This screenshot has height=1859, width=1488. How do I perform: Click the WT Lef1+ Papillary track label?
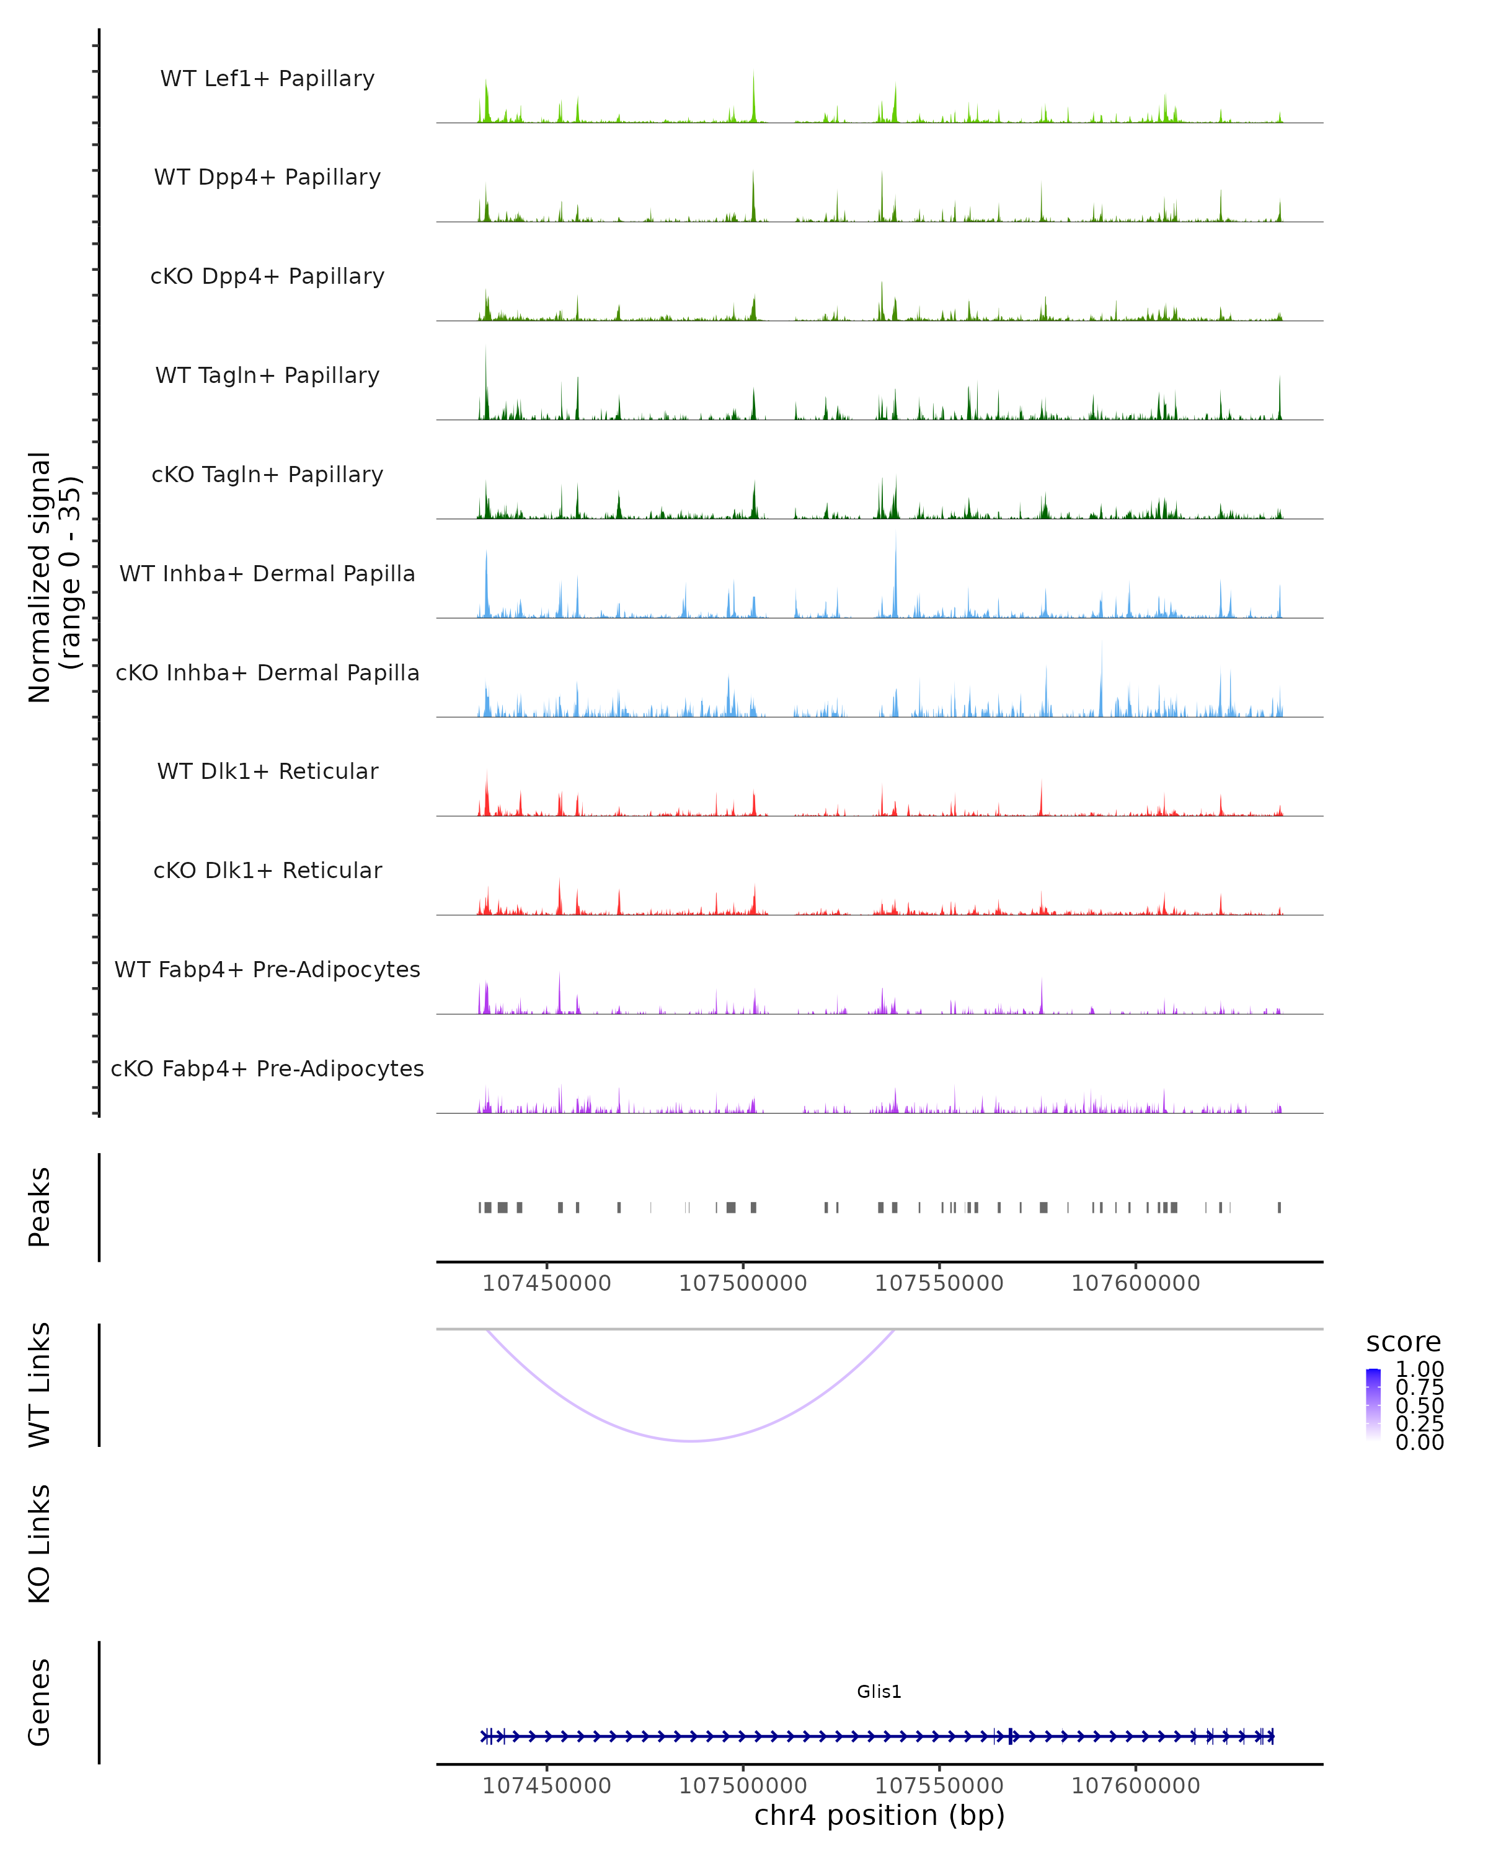click(267, 79)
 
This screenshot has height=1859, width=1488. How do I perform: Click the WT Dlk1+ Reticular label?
click(267, 771)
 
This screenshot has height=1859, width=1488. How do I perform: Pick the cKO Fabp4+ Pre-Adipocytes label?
click(267, 1068)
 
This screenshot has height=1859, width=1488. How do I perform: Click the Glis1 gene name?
click(879, 1692)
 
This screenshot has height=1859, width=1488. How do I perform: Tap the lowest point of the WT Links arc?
click(692, 1441)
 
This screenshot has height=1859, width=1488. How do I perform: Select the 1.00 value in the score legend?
click(1419, 1369)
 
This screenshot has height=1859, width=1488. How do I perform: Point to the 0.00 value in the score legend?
click(1419, 1443)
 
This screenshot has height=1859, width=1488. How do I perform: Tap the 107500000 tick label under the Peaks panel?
click(743, 1283)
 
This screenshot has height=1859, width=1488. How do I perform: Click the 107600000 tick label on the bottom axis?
click(1135, 1786)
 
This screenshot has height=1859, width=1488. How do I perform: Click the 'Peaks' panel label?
click(40, 1207)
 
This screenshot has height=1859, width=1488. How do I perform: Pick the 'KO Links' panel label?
click(40, 1544)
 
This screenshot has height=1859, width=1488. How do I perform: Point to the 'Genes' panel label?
click(40, 1702)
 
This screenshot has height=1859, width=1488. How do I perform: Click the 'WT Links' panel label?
click(40, 1385)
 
